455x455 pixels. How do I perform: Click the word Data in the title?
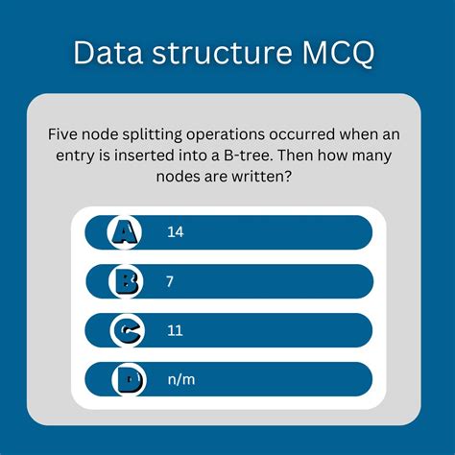[108, 52]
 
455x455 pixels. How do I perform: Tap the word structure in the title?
[218, 52]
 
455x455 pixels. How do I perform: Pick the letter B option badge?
[126, 281]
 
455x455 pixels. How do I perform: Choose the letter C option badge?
[126, 331]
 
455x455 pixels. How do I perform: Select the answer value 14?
[175, 231]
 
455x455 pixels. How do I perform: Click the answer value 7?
[170, 281]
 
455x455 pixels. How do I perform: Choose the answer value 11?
[175, 331]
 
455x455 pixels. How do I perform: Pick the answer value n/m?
[180, 381]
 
